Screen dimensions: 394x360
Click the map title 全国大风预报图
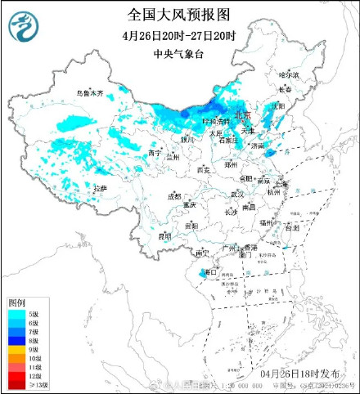[179, 15]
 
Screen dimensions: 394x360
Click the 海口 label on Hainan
[211, 271]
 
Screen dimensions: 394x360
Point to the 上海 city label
[281, 184]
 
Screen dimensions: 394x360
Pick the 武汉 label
[237, 195]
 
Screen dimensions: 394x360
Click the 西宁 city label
[152, 153]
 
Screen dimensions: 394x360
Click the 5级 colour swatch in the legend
[17, 315]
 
